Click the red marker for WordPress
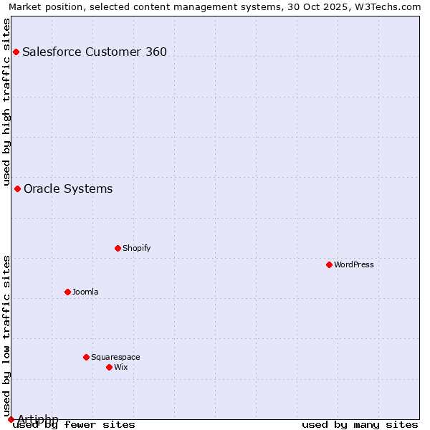pyautogui.click(x=329, y=264)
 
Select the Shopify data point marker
pyautogui.click(x=118, y=248)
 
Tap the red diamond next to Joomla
pyautogui.click(x=67, y=292)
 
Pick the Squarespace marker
pyautogui.click(x=86, y=357)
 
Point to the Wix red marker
pyautogui.click(x=109, y=367)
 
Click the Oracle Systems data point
pyautogui.click(x=17, y=188)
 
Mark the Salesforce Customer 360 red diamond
pyautogui.click(x=16, y=52)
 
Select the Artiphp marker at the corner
pyautogui.click(x=11, y=419)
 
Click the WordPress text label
pyautogui.click(x=354, y=264)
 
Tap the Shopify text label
pyautogui.click(x=136, y=248)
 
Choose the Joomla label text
pyautogui.click(x=85, y=292)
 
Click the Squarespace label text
pyautogui.click(x=115, y=357)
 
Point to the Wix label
pyautogui.click(x=120, y=367)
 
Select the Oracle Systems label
pyautogui.click(x=68, y=188)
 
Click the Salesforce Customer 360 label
pyautogui.click(x=95, y=52)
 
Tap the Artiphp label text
pyautogui.click(x=37, y=419)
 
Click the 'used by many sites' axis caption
pyautogui.click(x=360, y=424)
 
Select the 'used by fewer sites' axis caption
pyautogui.click(x=74, y=424)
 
